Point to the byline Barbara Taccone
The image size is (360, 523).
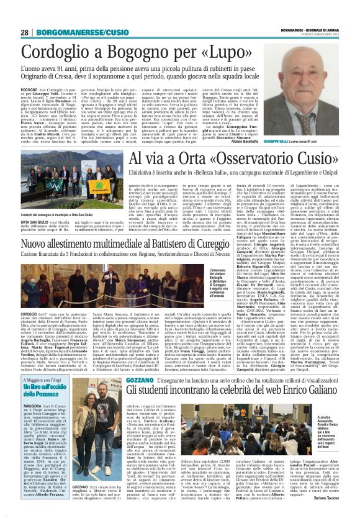339,514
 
